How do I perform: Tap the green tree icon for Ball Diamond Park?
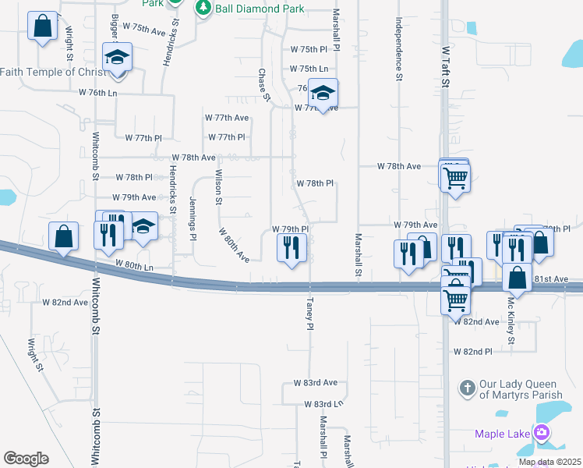pos(203,8)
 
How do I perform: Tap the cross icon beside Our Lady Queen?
pos(467,388)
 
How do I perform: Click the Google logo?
pos(26,459)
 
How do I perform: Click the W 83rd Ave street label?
pos(315,383)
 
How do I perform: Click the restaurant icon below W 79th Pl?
pos(291,249)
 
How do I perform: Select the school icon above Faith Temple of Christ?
pos(118,57)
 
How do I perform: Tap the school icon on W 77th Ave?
pos(322,93)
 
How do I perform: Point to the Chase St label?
pos(263,85)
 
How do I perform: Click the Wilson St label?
pos(219,187)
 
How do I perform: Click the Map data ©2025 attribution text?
pos(549,462)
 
